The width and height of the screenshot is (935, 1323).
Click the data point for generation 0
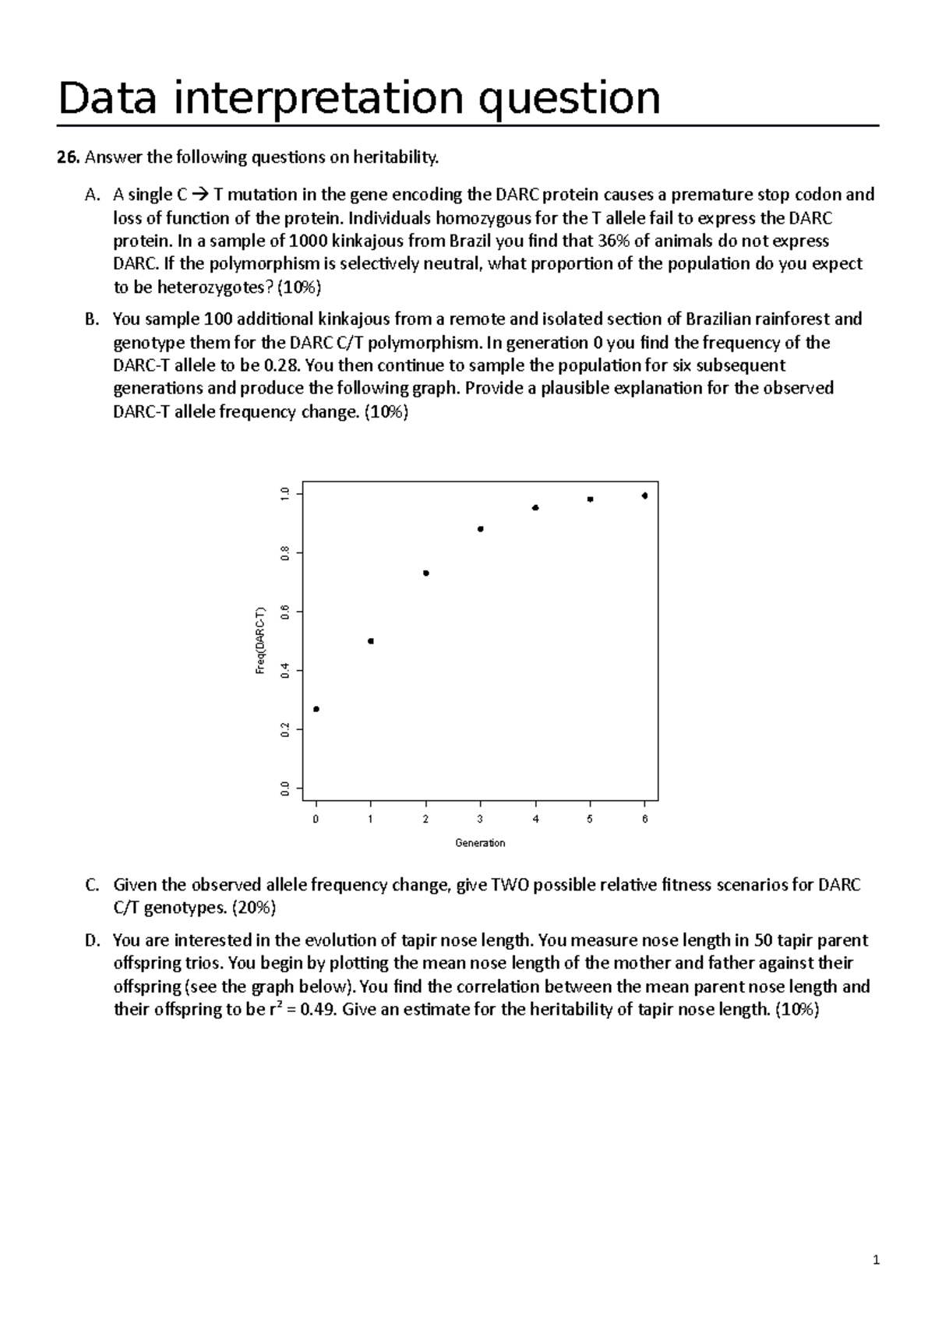[316, 709]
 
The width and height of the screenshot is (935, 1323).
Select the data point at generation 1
[371, 641]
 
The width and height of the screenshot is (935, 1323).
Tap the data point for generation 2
[426, 573]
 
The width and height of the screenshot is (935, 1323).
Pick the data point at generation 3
[481, 529]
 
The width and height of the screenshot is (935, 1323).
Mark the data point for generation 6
[644, 496]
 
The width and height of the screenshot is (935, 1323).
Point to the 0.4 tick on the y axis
[286, 670]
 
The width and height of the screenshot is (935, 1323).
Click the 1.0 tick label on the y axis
[286, 494]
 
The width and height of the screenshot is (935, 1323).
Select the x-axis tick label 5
[590, 819]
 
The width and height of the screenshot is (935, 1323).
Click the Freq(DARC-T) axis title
[261, 641]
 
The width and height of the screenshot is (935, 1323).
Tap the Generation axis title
[480, 843]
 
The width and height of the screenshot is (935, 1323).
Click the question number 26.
[68, 158]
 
